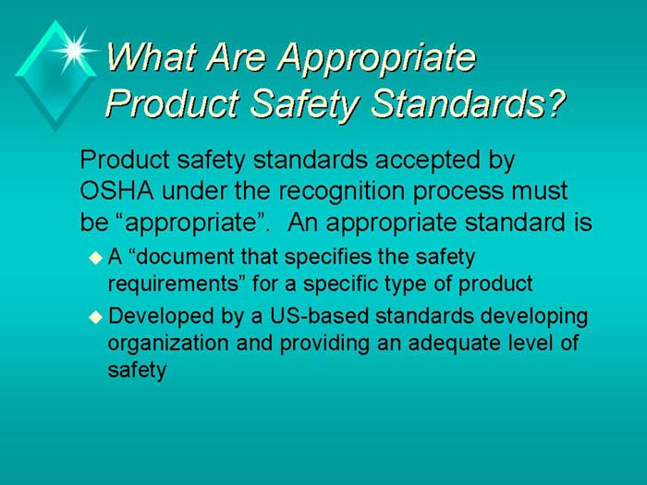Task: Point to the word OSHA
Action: [x=115, y=191]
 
